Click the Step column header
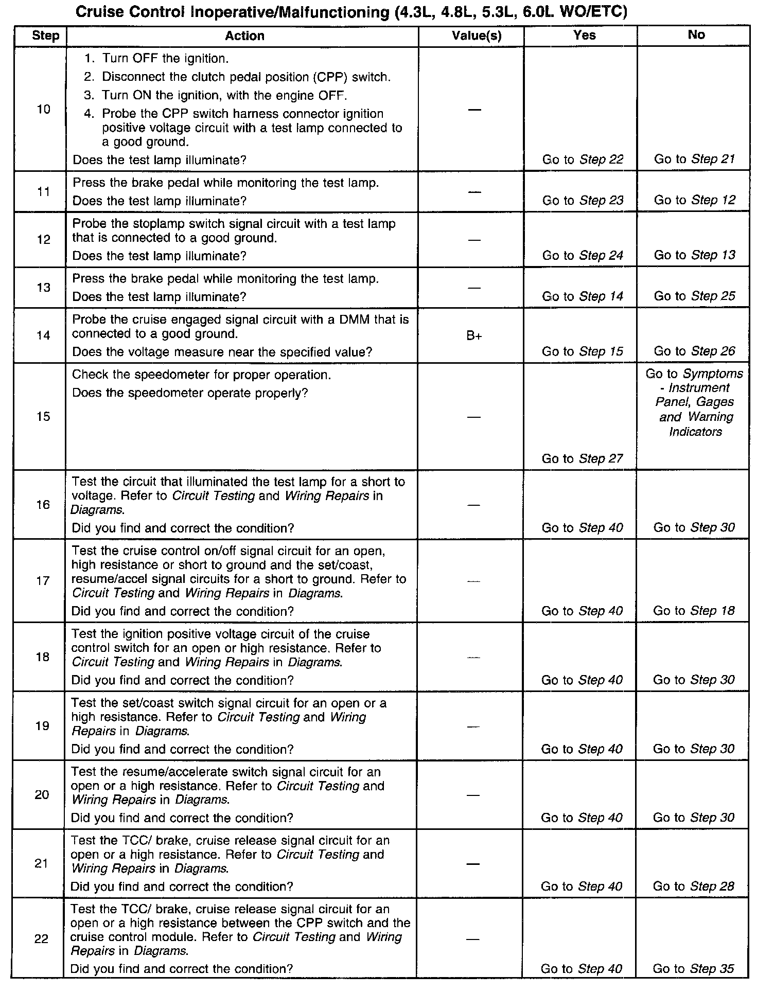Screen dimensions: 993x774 [45, 36]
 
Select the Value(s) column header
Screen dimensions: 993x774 [476, 36]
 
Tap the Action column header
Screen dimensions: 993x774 [244, 36]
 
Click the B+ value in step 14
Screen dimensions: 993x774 [474, 336]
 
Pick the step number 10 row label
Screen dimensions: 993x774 [44, 109]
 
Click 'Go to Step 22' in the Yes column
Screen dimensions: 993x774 [583, 159]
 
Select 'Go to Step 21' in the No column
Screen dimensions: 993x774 [694, 159]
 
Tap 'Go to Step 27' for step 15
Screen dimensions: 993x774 [582, 458]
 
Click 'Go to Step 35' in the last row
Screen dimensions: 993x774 [693, 968]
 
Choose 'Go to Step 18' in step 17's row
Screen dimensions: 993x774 [694, 611]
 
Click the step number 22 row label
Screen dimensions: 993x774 [41, 939]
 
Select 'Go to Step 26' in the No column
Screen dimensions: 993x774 [694, 351]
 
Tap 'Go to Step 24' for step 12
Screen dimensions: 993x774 [583, 255]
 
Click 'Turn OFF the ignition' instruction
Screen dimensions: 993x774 [165, 58]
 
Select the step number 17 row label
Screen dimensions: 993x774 [42, 581]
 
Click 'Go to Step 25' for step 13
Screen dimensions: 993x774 [694, 296]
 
